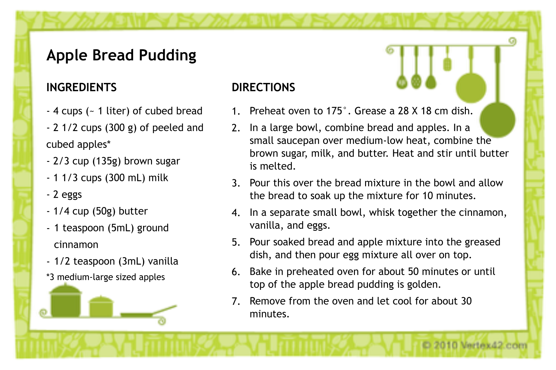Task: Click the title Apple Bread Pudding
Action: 121,55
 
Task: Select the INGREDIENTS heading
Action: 82,87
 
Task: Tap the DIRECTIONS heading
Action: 263,87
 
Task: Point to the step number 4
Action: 236,213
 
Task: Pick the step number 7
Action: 236,301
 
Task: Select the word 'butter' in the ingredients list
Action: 133,211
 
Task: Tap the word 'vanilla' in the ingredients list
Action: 163,261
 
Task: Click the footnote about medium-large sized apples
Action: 106,277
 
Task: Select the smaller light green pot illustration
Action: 101,306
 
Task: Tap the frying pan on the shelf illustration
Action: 148,312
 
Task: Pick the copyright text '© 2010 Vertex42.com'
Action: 474,345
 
